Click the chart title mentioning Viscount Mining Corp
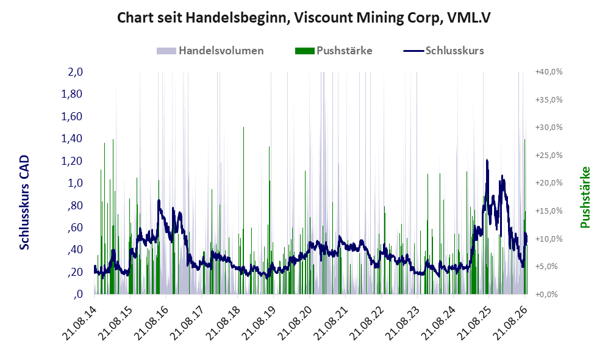304,18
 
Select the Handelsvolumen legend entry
210,51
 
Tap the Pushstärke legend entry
334,51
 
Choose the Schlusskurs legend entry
443,51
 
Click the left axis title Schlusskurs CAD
24,203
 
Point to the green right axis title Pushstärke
585,198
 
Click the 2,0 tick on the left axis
75,72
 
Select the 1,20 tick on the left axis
72,161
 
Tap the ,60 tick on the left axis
75,228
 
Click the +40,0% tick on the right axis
549,72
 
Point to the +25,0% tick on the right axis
549,155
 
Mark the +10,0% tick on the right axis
549,239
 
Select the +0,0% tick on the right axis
547,294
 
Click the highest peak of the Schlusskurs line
487,160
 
